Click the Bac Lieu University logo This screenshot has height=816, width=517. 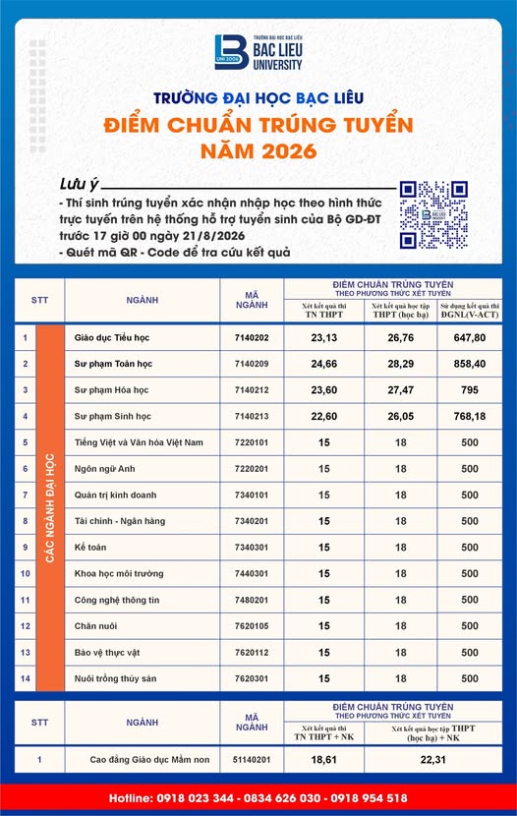click(258, 52)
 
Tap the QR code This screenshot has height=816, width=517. click(433, 215)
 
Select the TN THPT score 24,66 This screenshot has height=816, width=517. click(324, 364)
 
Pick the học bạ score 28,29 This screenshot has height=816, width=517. click(400, 364)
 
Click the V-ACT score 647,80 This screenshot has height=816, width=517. click(470, 338)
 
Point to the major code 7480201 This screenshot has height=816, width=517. click(252, 600)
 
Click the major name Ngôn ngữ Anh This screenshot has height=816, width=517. click(104, 469)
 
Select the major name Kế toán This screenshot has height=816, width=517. click(90, 548)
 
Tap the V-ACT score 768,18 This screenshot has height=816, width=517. click(470, 416)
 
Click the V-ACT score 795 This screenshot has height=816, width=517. click(470, 390)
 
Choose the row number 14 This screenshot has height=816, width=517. click(25, 678)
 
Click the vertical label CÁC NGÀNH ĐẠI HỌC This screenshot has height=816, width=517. click(50, 508)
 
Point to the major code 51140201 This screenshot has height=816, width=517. click(252, 760)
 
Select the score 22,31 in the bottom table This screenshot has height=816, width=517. click(433, 760)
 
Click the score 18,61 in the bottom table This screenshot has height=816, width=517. click(324, 760)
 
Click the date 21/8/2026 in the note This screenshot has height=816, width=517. click(213, 236)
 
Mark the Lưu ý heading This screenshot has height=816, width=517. click(79, 184)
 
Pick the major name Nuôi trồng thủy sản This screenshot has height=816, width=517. click(115, 678)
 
